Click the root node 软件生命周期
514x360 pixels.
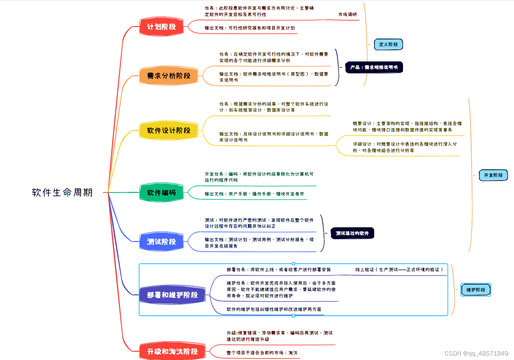pyautogui.click(x=62, y=193)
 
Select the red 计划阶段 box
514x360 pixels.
pyautogui.click(x=162, y=27)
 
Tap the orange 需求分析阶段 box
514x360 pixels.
pyautogui.click(x=169, y=76)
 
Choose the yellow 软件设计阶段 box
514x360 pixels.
pyautogui.click(x=169, y=131)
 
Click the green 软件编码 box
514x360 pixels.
pyautogui.click(x=162, y=193)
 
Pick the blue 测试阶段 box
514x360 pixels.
pyautogui.click(x=162, y=242)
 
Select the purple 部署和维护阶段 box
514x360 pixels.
pyautogui.click(x=172, y=295)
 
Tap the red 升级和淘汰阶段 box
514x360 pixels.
pyautogui.click(x=172, y=352)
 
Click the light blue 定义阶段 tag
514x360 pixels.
pyautogui.click(x=388, y=45)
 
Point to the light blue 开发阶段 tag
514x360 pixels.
pyautogui.click(x=493, y=175)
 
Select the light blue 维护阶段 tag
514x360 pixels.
pyautogui.click(x=476, y=290)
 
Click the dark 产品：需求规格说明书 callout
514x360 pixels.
pyautogui.click(x=374, y=67)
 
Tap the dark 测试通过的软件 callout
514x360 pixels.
pyautogui.click(x=352, y=233)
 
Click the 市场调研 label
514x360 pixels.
pyautogui.click(x=348, y=15)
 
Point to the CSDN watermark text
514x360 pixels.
pyautogui.click(x=476, y=353)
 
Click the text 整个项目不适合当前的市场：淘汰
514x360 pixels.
pyautogui.click(x=262, y=353)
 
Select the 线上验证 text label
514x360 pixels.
pyautogui.click(x=399, y=270)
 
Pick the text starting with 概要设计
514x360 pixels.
pyautogui.click(x=407, y=127)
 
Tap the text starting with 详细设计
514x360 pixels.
pyautogui.click(x=405, y=147)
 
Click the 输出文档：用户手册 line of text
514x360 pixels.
pyautogui.click(x=254, y=194)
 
